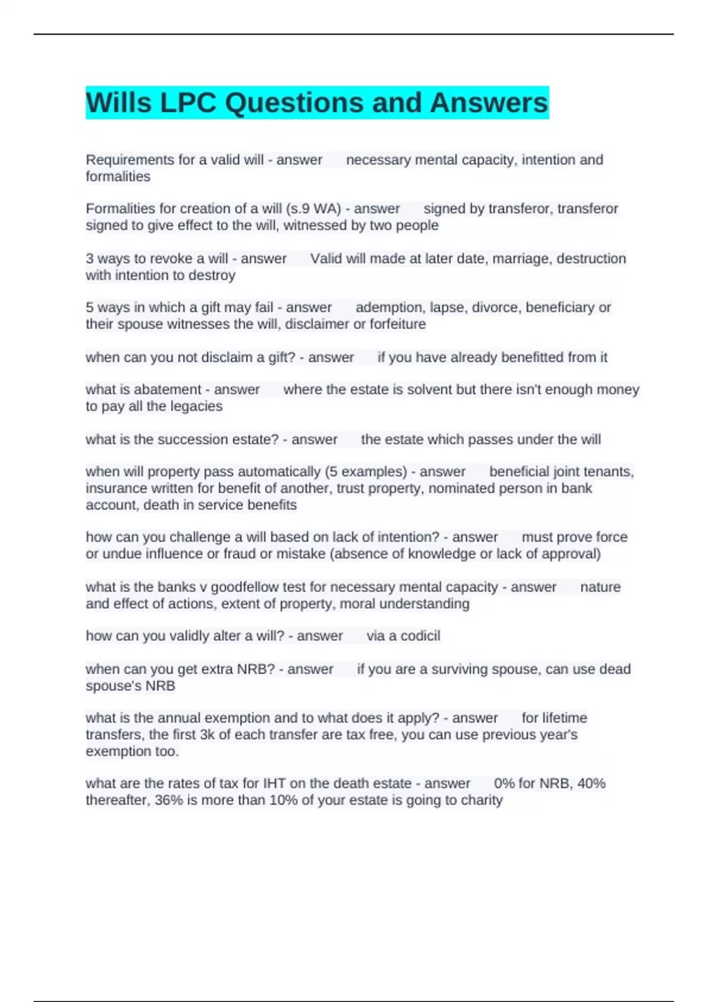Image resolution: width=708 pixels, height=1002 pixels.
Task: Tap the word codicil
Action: coord(420,636)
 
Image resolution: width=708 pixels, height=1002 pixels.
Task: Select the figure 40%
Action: coord(591,783)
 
